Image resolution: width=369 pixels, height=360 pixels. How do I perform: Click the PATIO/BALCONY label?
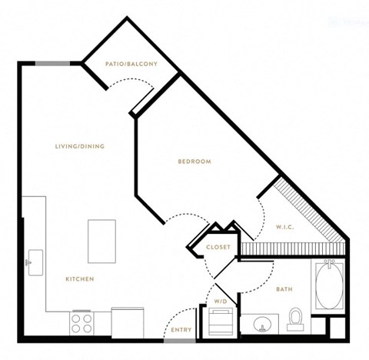point(131,64)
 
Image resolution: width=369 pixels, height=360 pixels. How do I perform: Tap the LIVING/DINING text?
point(80,146)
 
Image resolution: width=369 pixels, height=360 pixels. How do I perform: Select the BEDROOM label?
point(194,162)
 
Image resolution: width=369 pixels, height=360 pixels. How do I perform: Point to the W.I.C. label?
point(284,227)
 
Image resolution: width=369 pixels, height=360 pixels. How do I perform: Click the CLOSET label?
point(218,247)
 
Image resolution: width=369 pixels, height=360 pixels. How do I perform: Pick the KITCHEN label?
point(80,279)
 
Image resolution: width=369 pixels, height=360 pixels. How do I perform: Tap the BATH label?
point(284,289)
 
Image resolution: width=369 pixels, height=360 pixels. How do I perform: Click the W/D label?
point(221,302)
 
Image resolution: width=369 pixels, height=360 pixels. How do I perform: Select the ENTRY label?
point(181,330)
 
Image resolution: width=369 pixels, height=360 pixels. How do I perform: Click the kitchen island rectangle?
point(101,242)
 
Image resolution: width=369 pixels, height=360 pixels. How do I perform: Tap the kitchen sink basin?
point(35,262)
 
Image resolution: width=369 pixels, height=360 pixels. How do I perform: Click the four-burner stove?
point(81,323)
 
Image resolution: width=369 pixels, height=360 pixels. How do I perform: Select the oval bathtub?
point(329,286)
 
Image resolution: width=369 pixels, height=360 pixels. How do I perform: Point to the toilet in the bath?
point(295,319)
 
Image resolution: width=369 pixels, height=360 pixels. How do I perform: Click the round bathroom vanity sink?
point(262,325)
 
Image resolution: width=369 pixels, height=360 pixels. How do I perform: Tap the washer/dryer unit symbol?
point(221,322)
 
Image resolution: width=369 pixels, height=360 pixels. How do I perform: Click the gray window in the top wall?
point(52,64)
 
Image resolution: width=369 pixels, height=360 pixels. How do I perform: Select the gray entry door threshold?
point(180,341)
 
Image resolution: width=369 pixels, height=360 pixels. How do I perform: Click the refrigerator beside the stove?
point(128,322)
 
